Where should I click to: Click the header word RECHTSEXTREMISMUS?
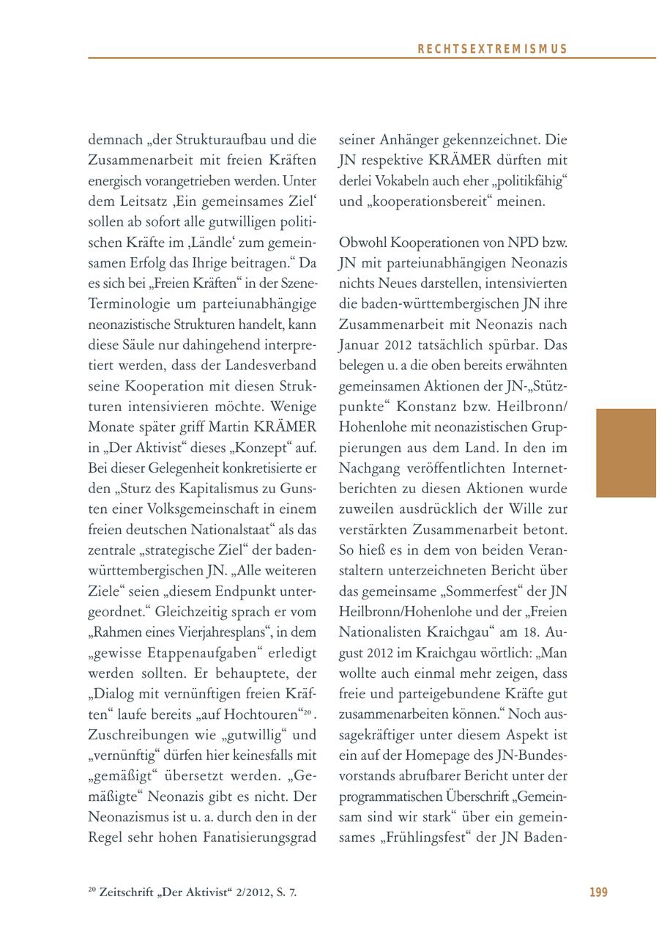pyautogui.click(x=492, y=49)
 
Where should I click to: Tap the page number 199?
pyautogui.click(x=598, y=892)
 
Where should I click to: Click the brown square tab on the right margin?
pyautogui.click(x=626, y=453)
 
